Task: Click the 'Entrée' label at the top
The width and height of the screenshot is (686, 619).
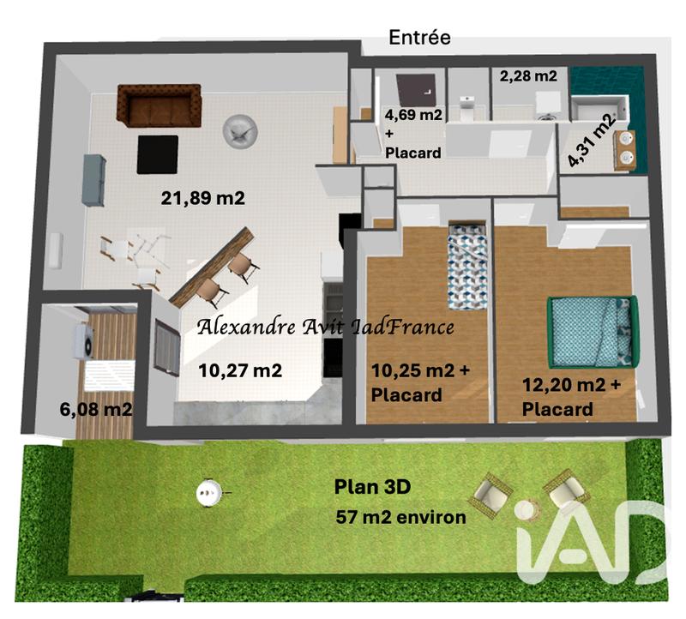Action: point(419,37)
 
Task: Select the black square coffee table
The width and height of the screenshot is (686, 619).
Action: point(157,153)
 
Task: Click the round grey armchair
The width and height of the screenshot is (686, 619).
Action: point(238,129)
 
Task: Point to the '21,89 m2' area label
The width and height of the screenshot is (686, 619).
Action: point(203,198)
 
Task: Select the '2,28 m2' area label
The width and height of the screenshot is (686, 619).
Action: point(528,75)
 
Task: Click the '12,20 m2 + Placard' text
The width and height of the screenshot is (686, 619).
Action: point(571,397)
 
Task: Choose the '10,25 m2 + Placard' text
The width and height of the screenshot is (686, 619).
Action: point(419,382)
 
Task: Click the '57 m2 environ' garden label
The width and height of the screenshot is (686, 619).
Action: point(402,517)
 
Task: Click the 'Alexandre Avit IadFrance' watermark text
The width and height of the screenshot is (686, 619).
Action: point(325,327)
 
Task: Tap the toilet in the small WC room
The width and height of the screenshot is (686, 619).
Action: point(466,108)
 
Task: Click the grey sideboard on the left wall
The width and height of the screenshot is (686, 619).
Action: point(94,179)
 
